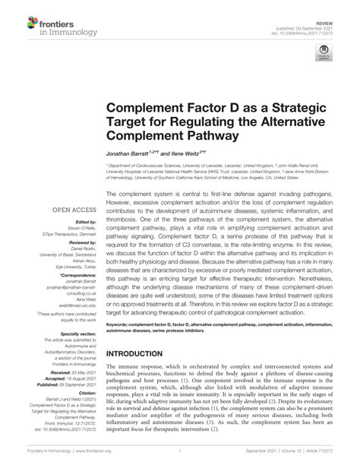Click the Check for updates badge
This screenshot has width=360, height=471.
(x=324, y=55)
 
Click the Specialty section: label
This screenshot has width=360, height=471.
(x=74, y=332)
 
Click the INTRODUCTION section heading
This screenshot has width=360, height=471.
(x=144, y=354)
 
